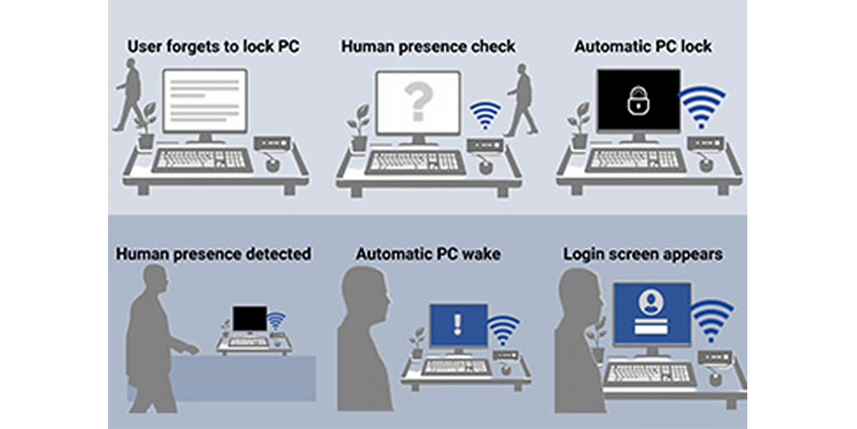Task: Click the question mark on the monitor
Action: pos(417,102)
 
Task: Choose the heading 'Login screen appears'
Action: pos(643,254)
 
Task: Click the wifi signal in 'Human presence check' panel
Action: pos(487,115)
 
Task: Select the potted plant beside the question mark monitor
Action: pos(359,127)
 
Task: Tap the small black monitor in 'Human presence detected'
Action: pos(249,319)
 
